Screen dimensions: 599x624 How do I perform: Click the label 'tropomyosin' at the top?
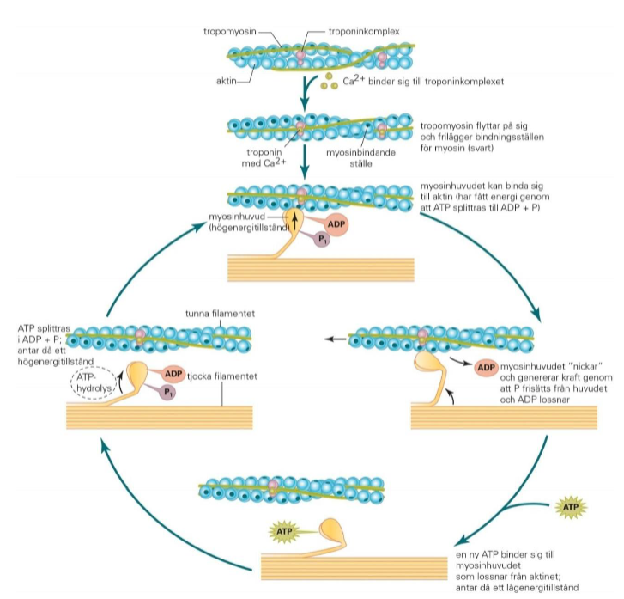pyautogui.click(x=225, y=31)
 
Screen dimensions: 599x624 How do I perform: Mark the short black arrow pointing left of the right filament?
pyautogui.click(x=337, y=340)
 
